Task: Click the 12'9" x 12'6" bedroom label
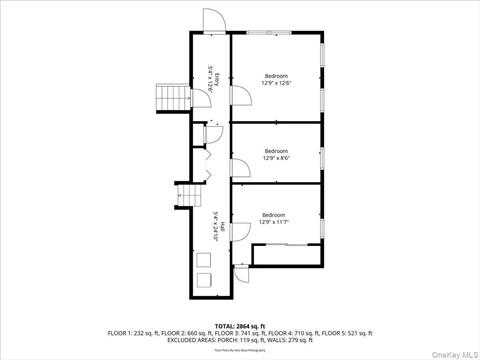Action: pos(276,80)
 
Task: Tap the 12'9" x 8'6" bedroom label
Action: pos(276,154)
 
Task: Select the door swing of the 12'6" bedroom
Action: pos(240,96)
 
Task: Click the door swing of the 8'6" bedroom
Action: pos(240,167)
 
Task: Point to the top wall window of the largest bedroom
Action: pos(264,34)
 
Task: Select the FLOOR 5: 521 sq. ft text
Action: pos(346,332)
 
